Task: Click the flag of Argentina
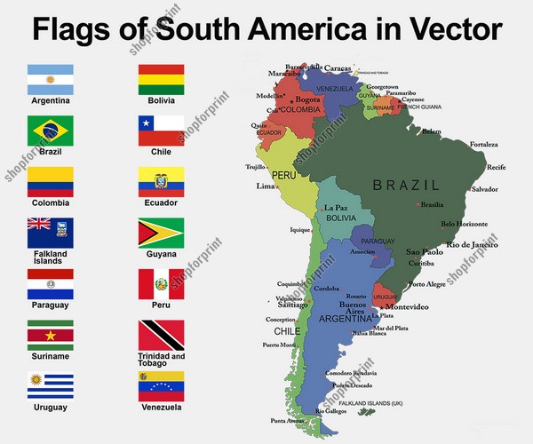[x=51, y=79]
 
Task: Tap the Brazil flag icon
[x=51, y=131]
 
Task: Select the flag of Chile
[x=161, y=130]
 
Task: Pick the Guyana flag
[x=161, y=233]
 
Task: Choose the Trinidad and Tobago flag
[x=161, y=335]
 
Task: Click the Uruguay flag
[x=51, y=385]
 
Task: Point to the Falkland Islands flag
[x=51, y=233]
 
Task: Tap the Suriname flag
[x=51, y=335]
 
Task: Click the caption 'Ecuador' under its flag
[x=161, y=202]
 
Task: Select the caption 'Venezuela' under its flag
[x=161, y=407]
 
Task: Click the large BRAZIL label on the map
[x=406, y=185]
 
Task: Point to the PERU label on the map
[x=284, y=175]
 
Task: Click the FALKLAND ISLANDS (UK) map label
[x=373, y=403]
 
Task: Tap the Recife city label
[x=496, y=167]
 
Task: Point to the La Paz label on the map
[x=335, y=208]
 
